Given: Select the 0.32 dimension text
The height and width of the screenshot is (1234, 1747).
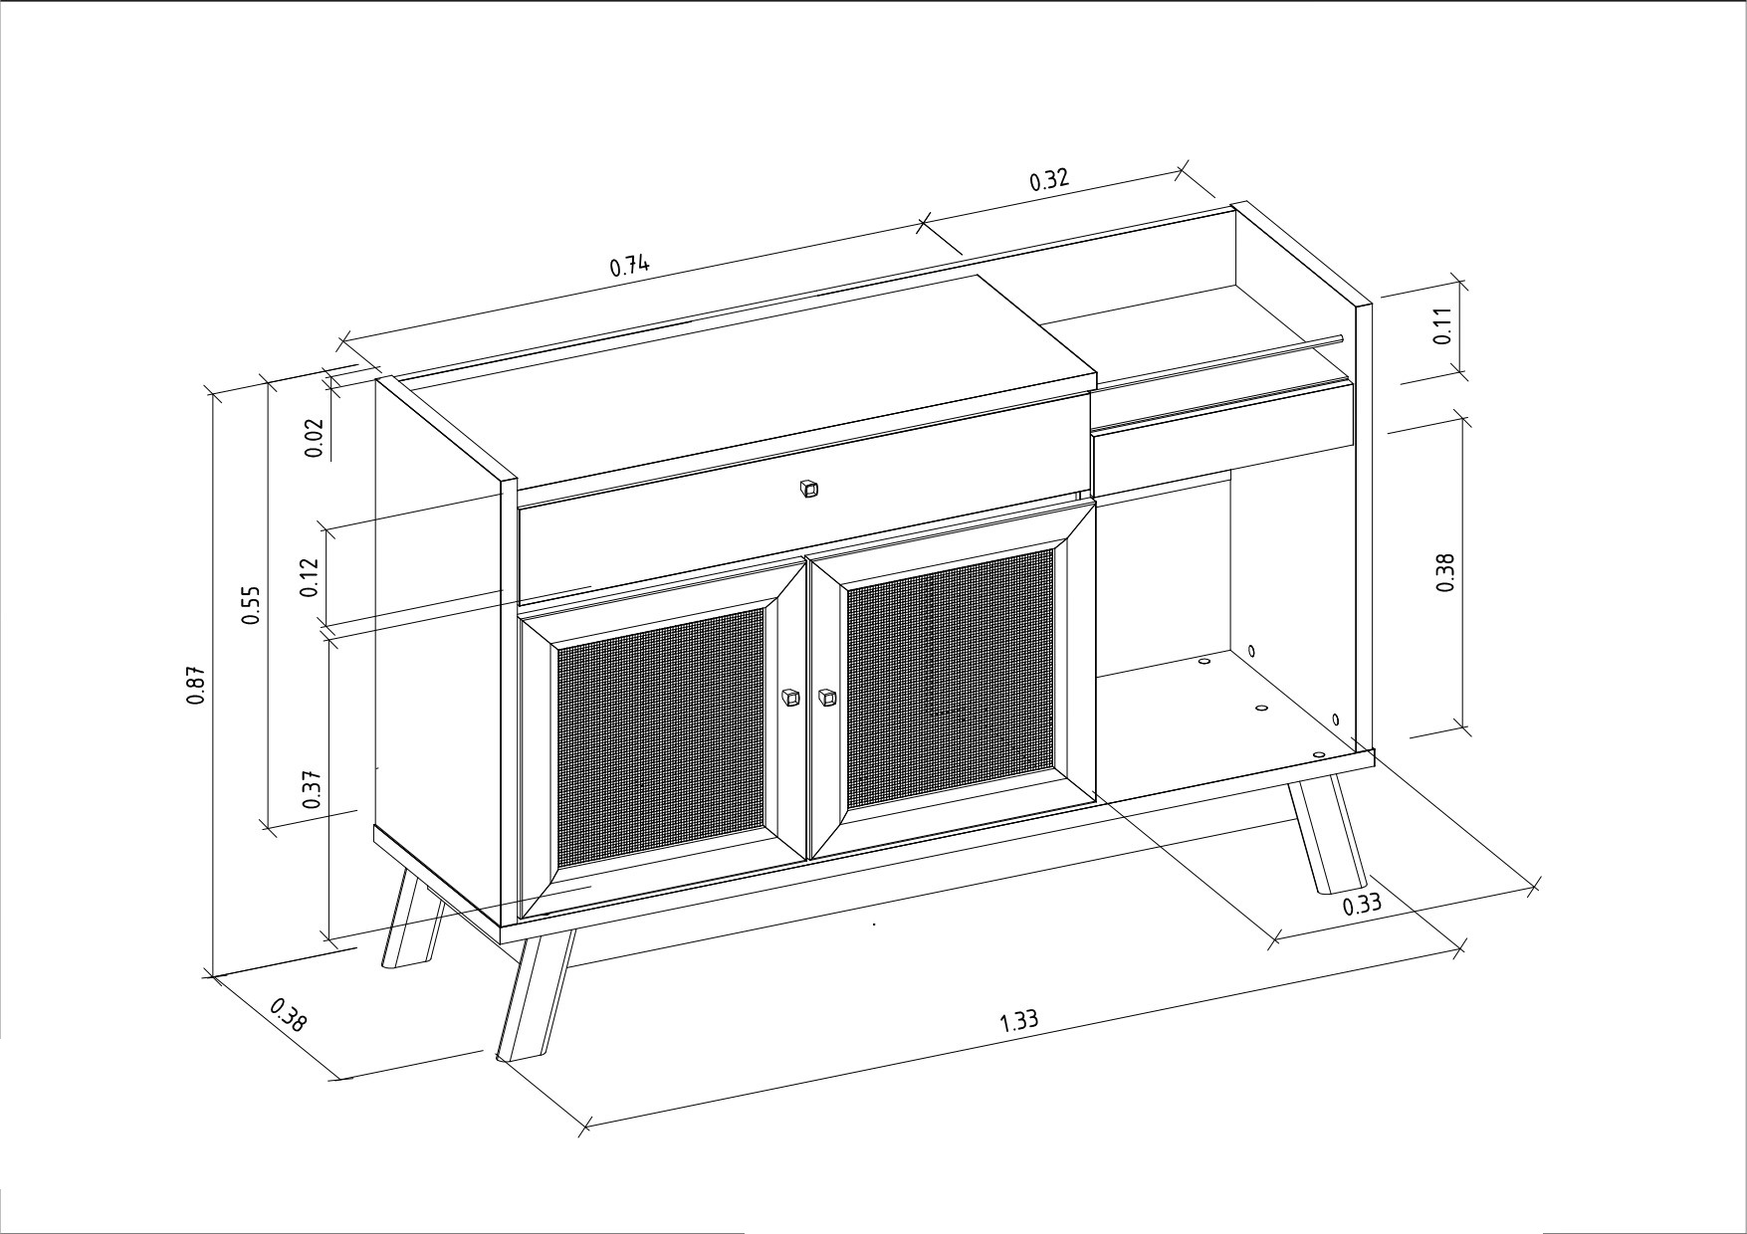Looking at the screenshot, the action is point(1048,179).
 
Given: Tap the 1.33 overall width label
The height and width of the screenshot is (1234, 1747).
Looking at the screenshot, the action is point(1018,1020).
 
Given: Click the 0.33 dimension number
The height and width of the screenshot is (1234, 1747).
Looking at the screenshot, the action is point(1362,906).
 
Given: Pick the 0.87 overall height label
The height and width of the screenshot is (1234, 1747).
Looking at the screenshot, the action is point(196,686).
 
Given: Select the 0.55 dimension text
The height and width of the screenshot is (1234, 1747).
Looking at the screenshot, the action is point(252,604).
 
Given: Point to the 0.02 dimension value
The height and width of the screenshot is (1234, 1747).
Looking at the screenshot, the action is point(314,437).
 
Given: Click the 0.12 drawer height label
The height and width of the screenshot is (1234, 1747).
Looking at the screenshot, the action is point(310,577).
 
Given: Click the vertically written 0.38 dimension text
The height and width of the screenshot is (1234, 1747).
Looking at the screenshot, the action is point(1446,573).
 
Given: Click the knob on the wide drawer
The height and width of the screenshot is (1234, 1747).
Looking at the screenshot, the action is point(808,489).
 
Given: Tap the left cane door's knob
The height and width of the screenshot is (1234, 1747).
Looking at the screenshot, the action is point(790,698).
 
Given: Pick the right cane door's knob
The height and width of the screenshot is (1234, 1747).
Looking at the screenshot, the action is point(826,698).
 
